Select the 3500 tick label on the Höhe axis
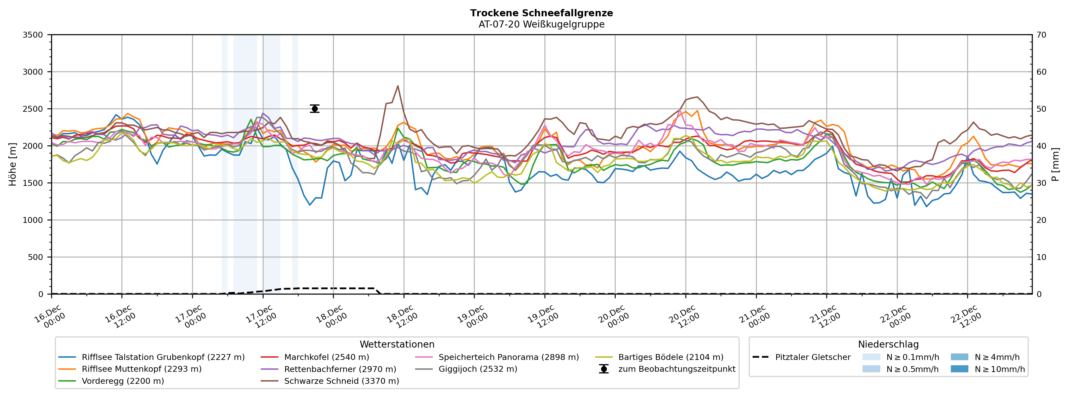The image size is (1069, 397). tap(32, 35)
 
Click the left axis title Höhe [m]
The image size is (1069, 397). tap(12, 164)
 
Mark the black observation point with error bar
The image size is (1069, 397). tap(314, 109)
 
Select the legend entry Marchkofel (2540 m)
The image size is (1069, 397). tap(326, 357)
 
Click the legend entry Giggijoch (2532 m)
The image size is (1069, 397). tap(478, 369)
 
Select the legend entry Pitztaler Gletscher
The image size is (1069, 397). tap(813, 357)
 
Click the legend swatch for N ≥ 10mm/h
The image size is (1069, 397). tap(959, 369)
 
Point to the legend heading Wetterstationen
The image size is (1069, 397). tap(397, 344)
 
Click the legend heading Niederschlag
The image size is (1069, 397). tap(888, 344)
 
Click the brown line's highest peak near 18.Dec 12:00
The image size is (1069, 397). tap(398, 86)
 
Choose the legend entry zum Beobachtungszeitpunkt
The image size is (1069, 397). tap(676, 369)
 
